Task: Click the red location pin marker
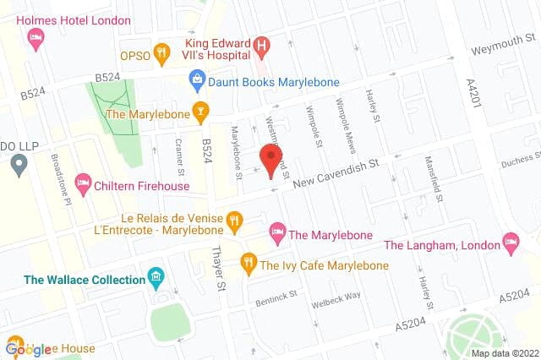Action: click(270, 161)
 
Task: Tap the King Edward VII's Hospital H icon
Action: click(263, 45)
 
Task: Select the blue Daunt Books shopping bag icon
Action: click(197, 81)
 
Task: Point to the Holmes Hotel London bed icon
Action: click(36, 36)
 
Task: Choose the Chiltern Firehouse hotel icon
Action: click(83, 181)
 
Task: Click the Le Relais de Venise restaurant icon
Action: click(235, 223)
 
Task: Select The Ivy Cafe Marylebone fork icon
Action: click(248, 265)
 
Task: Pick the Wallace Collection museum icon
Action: click(155, 277)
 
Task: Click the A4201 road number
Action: click(473, 90)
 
